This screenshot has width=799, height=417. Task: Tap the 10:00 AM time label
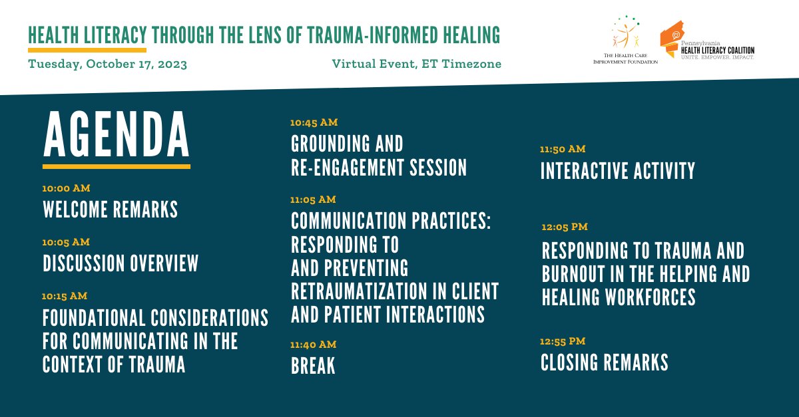coord(67,188)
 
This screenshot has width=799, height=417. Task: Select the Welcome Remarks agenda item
coord(111,210)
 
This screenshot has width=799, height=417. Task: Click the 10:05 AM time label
coord(67,242)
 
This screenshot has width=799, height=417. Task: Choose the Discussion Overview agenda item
coord(121,264)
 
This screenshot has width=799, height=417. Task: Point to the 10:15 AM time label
coord(65,296)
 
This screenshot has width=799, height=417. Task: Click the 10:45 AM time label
coord(314,122)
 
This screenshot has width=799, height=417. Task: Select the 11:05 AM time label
coord(314,200)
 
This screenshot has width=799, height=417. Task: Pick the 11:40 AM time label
coord(314,345)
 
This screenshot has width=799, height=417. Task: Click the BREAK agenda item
coord(313,366)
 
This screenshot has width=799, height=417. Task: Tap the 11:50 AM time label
coord(563,149)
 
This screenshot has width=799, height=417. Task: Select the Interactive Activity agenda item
coord(617,171)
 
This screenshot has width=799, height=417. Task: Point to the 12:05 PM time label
coord(565,227)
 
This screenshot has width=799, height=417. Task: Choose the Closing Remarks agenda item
coord(604,362)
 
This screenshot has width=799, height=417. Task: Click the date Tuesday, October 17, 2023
coord(107,65)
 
